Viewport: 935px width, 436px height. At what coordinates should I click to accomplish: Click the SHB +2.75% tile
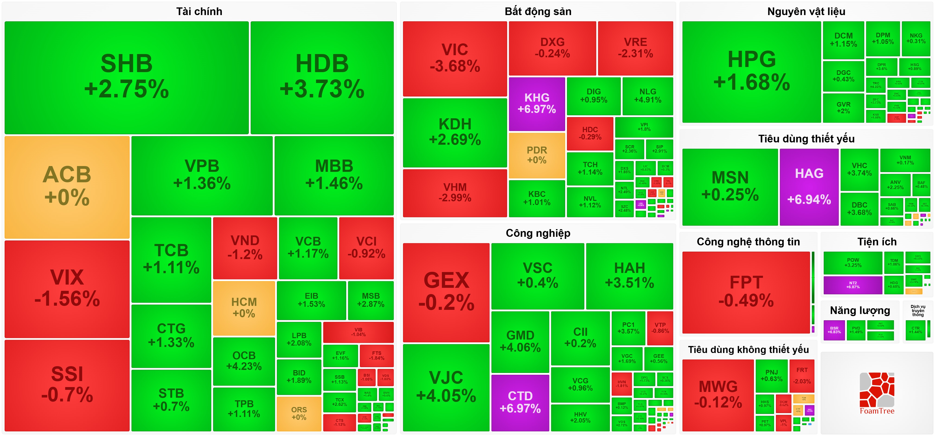[x=126, y=77]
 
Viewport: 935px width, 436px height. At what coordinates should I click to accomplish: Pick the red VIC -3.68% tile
[x=455, y=58]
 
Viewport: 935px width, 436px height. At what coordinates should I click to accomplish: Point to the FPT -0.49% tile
[x=746, y=292]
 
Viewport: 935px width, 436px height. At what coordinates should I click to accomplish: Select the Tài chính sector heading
[x=199, y=12]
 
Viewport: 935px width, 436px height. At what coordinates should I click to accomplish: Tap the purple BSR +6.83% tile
[x=834, y=330]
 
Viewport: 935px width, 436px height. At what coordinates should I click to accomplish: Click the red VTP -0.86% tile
[x=660, y=328]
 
